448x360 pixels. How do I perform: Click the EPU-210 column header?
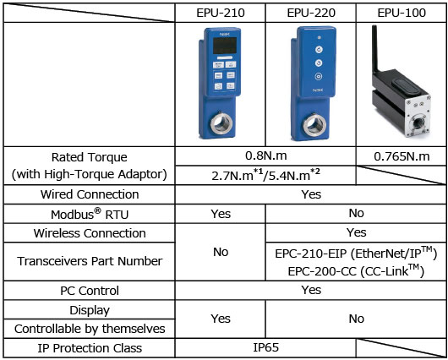[221, 13]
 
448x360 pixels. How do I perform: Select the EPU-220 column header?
[311, 13]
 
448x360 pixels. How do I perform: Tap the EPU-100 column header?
[402, 13]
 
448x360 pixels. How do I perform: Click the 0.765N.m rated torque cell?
[402, 156]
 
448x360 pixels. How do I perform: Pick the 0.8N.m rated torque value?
[265, 155]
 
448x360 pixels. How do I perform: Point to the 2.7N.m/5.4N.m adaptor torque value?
[265, 175]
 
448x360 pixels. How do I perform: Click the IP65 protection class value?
[265, 347]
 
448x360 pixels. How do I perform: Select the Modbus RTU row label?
[90, 214]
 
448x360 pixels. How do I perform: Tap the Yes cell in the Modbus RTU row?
[221, 214]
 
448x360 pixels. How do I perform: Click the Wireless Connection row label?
[90, 233]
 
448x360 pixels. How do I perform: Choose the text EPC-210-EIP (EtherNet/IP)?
[356, 254]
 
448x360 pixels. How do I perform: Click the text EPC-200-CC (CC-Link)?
[356, 271]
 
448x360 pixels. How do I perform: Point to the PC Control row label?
[90, 291]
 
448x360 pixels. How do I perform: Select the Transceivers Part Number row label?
[90, 261]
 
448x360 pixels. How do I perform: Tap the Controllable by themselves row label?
[90, 329]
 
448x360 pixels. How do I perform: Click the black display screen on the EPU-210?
[225, 45]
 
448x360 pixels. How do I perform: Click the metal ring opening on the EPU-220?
[314, 125]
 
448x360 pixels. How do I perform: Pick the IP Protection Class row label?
[90, 348]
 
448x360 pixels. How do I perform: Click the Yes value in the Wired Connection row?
[311, 194]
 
